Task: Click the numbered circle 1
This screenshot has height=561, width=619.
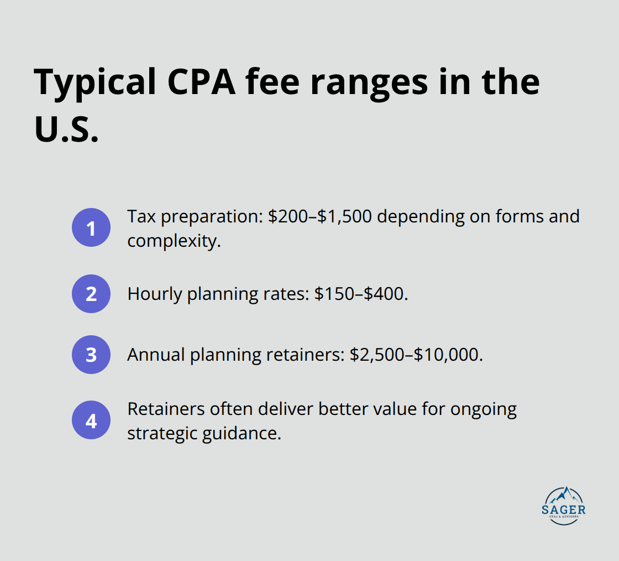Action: (91, 227)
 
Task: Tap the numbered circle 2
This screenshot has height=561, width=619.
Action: (91, 293)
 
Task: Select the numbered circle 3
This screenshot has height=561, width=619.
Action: (91, 355)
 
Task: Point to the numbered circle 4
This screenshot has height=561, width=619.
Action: (91, 420)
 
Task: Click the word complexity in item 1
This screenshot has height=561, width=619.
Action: (174, 241)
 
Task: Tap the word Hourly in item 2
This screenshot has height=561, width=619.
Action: (155, 294)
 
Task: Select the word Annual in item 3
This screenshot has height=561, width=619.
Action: (156, 355)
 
